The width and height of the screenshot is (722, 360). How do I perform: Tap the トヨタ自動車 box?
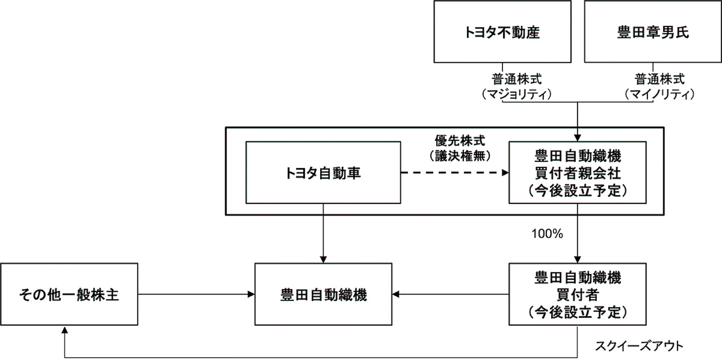tap(324, 173)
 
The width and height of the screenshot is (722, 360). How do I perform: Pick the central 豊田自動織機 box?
tap(324, 295)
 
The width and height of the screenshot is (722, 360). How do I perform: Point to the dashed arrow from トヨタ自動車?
tap(454, 173)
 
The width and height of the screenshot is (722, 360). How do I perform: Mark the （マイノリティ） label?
tap(660, 94)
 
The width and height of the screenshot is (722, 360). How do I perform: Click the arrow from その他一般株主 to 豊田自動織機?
tap(196, 294)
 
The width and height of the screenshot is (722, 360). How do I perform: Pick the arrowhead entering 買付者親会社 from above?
tap(578, 137)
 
